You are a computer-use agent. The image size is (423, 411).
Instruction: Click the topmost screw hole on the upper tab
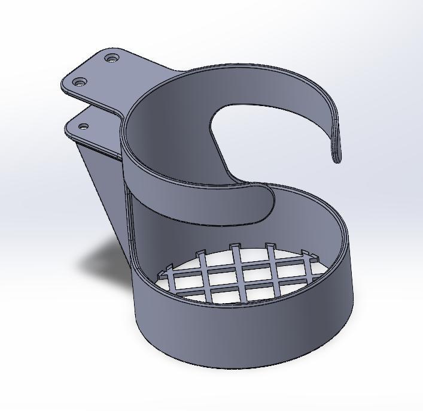click(112, 59)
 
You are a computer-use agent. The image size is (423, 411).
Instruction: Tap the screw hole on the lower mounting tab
click(84, 126)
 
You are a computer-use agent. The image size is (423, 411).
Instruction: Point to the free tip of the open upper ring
click(338, 157)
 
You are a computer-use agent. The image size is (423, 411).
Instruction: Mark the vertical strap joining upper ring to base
click(129, 222)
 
